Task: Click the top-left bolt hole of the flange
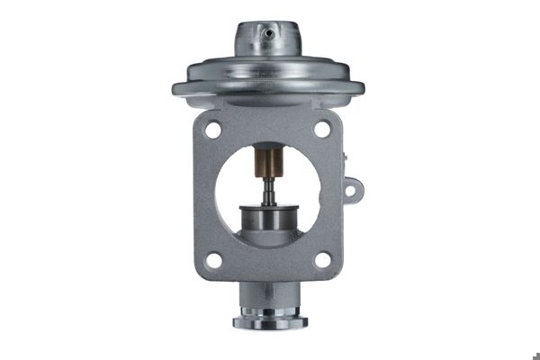click(x=213, y=130)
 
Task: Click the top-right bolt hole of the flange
click(x=321, y=130)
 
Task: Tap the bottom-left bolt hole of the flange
click(x=213, y=261)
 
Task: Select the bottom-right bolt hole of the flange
click(x=321, y=261)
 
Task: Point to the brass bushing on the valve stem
click(x=268, y=164)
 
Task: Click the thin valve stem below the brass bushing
click(x=268, y=191)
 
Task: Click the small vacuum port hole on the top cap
click(x=268, y=33)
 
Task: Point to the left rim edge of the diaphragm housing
click(x=176, y=88)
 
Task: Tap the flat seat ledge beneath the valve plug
click(x=267, y=238)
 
